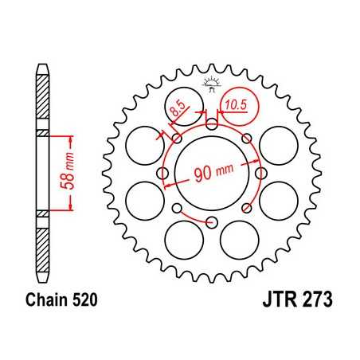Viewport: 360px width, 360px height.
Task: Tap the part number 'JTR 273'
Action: click(296, 303)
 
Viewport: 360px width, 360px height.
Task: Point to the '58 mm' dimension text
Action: click(69, 173)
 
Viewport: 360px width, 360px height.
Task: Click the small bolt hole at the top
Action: click(211, 124)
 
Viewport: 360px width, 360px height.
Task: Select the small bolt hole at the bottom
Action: click(211, 222)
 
